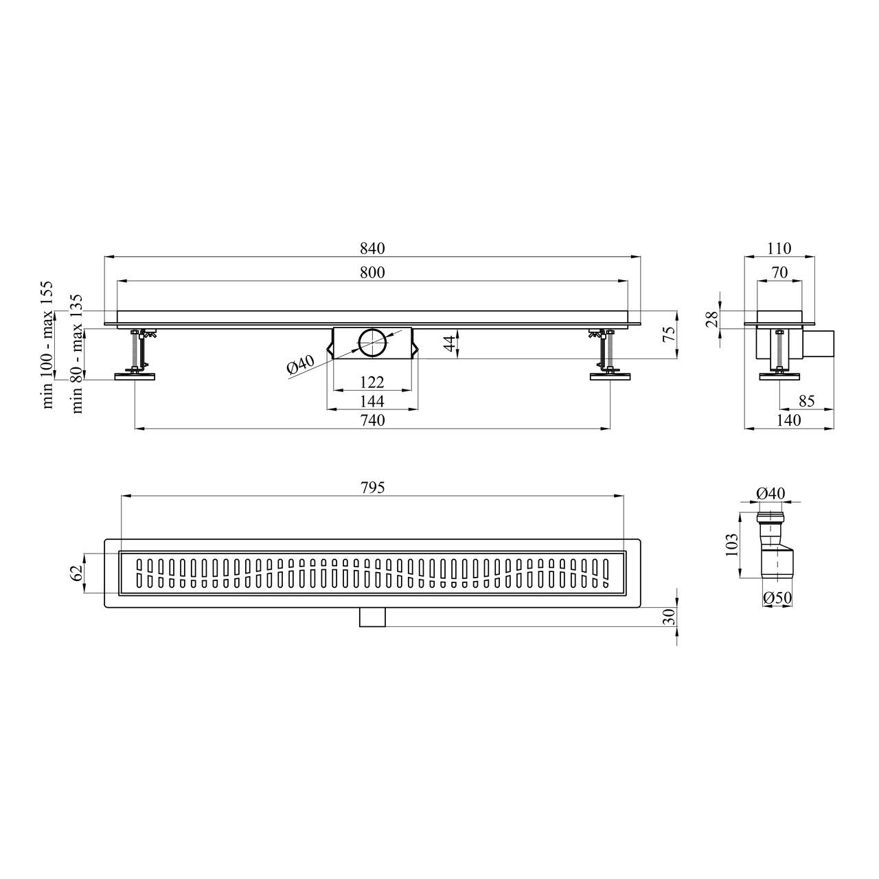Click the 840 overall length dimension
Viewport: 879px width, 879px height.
click(372, 249)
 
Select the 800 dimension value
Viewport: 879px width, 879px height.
click(372, 273)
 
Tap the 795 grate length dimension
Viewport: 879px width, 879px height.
click(372, 488)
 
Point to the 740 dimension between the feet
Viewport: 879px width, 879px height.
click(372, 420)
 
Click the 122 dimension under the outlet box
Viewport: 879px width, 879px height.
click(372, 383)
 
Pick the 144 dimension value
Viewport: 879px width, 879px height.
click(372, 402)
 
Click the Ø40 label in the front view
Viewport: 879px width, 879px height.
click(301, 366)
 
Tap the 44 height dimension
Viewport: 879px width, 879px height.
click(450, 343)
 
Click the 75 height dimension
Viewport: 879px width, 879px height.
click(668, 334)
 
